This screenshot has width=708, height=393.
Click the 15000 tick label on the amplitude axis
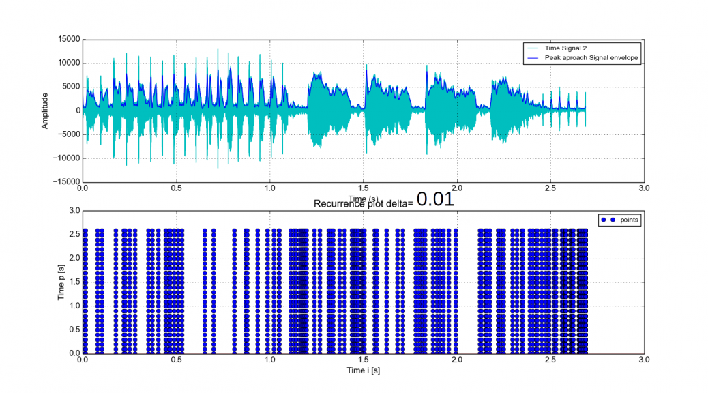coord(68,39)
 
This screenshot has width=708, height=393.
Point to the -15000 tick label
coord(67,182)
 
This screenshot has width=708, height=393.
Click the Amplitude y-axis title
coord(45,111)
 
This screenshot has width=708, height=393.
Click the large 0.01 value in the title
coord(435,199)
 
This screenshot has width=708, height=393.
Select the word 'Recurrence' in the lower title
coord(338,204)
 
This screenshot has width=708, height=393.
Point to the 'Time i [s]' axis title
coord(362,369)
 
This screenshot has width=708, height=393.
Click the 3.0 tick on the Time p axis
coord(74,210)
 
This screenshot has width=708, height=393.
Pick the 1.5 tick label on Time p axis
coord(74,282)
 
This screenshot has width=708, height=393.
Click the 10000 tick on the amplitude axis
coord(68,63)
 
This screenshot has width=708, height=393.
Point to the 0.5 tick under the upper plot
coord(176,187)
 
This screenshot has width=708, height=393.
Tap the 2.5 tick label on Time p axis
coord(74,234)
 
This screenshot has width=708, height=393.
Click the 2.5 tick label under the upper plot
coord(550,187)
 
